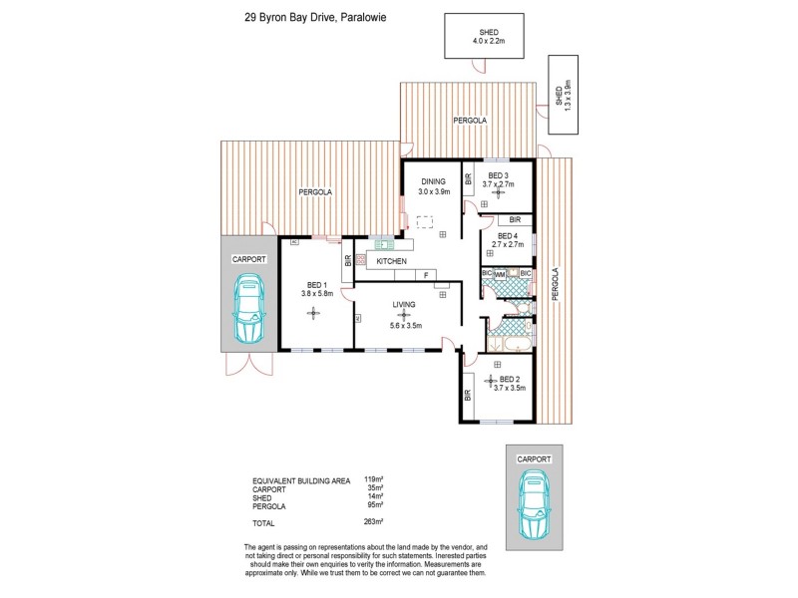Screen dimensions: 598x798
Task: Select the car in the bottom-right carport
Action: (534, 503)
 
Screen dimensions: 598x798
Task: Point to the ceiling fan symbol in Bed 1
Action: (315, 314)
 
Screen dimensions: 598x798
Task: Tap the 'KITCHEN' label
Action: (391, 261)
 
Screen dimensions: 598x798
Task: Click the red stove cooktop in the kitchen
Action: (361, 260)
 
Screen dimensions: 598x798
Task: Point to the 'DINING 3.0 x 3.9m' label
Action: (433, 186)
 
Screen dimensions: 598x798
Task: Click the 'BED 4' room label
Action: (509, 235)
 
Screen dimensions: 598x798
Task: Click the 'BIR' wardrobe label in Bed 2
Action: (468, 395)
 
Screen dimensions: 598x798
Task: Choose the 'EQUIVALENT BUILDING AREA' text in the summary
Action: (300, 481)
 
